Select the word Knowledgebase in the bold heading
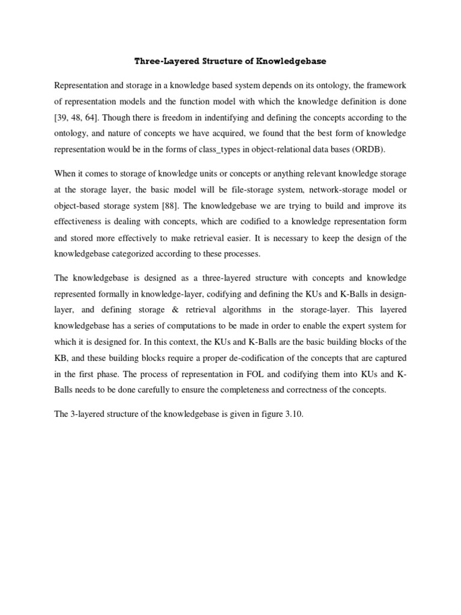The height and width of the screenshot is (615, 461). click(292, 61)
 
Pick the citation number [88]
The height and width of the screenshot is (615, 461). click(164, 206)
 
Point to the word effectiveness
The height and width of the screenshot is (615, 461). click(80, 222)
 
